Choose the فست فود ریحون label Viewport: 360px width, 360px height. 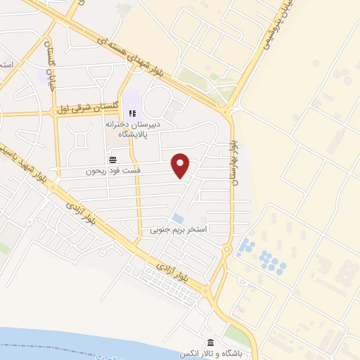(x=113, y=171)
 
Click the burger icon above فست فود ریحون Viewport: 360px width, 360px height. (x=113, y=160)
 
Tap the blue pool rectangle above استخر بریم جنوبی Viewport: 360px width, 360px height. (x=179, y=219)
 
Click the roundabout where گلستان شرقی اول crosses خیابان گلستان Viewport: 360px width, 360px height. (x=54, y=111)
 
